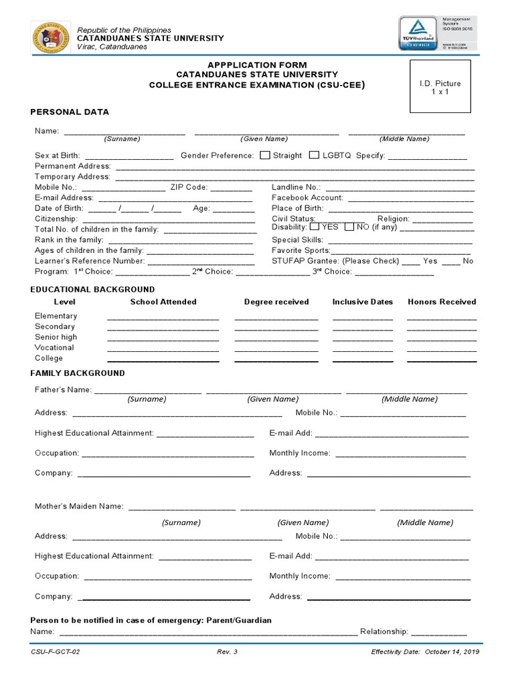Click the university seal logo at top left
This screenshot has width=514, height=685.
click(50, 39)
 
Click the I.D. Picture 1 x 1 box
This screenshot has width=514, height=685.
click(440, 87)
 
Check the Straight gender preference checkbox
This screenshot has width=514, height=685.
click(265, 155)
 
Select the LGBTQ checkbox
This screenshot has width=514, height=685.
click(315, 155)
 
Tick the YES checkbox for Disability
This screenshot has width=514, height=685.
click(315, 227)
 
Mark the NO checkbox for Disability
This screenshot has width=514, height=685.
click(349, 227)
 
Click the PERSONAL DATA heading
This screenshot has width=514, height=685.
click(70, 112)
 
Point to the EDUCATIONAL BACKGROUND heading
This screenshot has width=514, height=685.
click(92, 290)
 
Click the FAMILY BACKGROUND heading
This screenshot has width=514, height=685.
click(78, 373)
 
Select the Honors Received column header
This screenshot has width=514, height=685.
click(442, 302)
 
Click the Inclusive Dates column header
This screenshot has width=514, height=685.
click(363, 302)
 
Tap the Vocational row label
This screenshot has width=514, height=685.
click(54, 347)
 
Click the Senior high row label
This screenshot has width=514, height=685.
click(56, 337)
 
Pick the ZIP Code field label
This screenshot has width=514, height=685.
click(189, 187)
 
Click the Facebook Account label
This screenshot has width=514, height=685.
click(307, 198)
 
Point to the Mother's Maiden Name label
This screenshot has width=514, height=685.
click(79, 506)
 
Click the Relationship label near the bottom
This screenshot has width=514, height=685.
click(384, 631)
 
